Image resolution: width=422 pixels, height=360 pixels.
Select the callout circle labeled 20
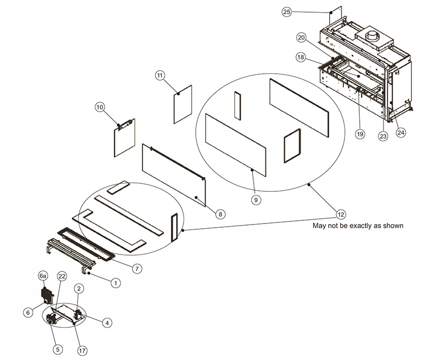point(302,38)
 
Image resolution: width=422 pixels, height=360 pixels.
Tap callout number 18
point(301,57)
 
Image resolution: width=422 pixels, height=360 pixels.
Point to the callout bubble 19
point(360,134)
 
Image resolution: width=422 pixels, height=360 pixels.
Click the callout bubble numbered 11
point(160,75)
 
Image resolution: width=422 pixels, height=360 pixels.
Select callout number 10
point(100,107)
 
